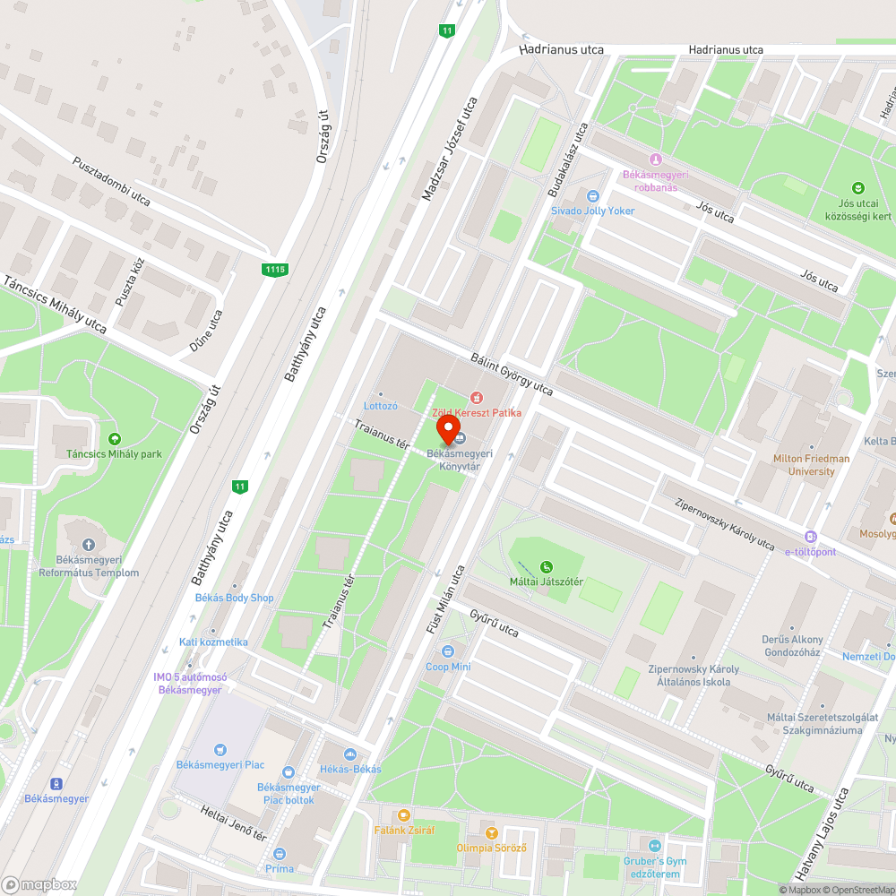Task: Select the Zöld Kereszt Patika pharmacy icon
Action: [x=476, y=397]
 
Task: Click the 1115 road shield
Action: [x=275, y=269]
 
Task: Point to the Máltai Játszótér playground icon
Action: [x=547, y=566]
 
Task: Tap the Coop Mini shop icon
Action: [x=448, y=651]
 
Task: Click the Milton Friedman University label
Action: [x=811, y=465]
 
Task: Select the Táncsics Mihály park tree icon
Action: [x=114, y=438]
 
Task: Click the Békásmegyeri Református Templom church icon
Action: [x=88, y=545]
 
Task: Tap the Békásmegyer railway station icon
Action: [x=56, y=783]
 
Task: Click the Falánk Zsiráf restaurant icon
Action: [x=403, y=815]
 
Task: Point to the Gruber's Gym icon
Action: [x=655, y=846]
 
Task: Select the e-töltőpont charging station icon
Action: [x=811, y=536]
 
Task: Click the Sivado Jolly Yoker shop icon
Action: [x=591, y=196]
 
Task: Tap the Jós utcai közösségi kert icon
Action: [x=858, y=188]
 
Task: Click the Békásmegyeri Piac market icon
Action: [x=220, y=749]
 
